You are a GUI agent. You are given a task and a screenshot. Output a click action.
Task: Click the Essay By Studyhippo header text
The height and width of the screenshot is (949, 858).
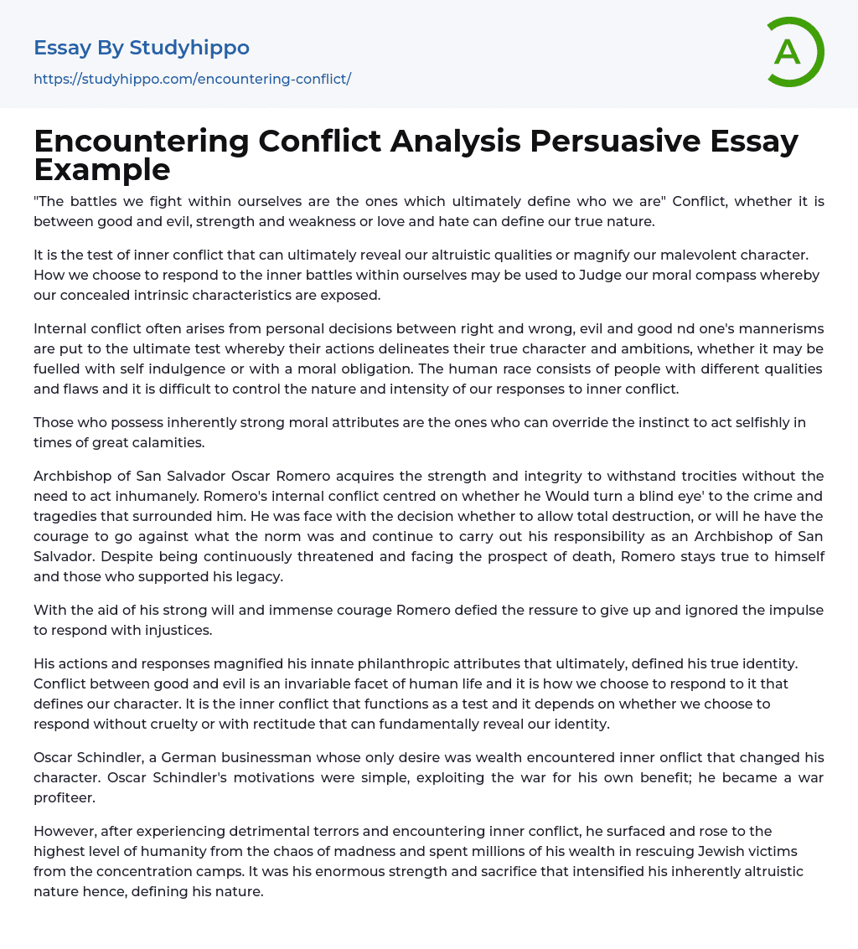pos(142,48)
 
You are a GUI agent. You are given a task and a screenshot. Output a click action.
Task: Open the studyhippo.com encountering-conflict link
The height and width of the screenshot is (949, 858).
pos(192,79)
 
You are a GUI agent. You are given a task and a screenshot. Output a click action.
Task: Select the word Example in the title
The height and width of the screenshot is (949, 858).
pos(102,169)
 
